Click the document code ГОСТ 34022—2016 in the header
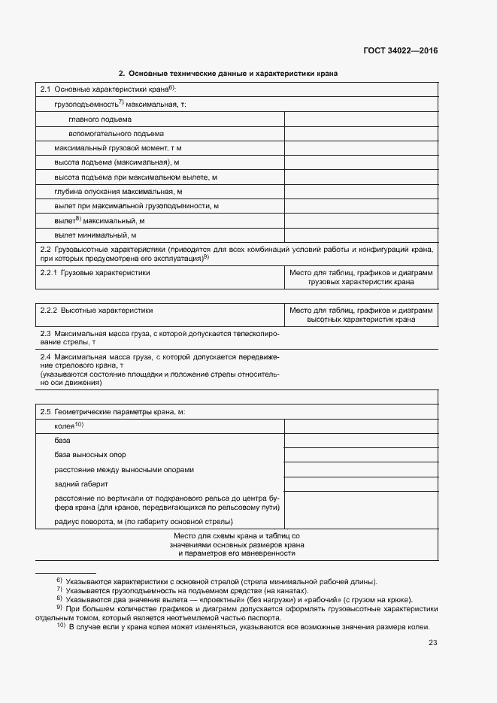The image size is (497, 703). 400,51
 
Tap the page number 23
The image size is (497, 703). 432,642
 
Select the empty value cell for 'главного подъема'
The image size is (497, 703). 361,119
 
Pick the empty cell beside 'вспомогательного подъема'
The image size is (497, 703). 361,133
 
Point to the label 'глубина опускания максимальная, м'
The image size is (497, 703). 118,192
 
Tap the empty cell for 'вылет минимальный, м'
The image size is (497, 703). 361,235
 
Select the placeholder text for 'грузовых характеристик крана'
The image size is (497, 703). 361,283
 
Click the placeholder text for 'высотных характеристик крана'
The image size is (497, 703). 361,320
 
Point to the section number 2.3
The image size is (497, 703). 45,333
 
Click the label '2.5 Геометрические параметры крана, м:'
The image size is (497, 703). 112,412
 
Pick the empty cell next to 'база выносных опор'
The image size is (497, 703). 361,455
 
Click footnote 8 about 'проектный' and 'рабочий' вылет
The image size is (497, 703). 239,600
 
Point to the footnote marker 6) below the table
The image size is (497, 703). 59,581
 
